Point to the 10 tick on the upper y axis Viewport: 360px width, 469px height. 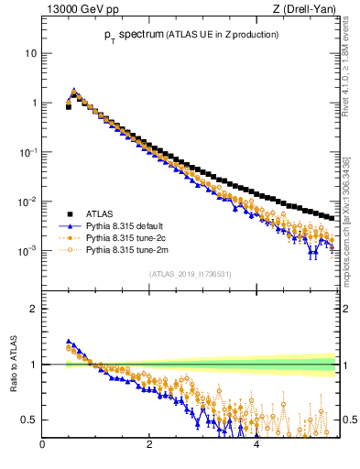[30, 53]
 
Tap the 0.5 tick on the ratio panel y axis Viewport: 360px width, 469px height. [29, 420]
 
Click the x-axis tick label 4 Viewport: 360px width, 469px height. [256, 446]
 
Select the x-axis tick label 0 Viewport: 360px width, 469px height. [42, 446]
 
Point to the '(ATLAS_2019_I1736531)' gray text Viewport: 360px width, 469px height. [190, 274]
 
